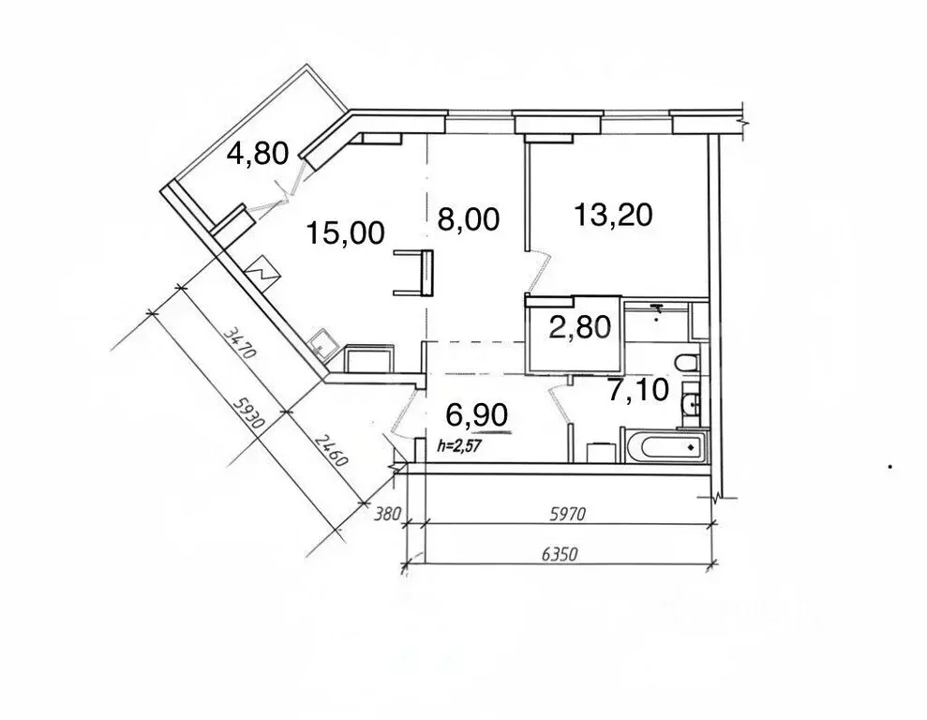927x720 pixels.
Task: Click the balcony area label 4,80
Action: click(x=259, y=153)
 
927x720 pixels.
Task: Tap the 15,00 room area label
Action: click(x=346, y=232)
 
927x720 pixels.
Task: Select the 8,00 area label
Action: click(x=469, y=218)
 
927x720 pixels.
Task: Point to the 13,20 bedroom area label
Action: click(x=614, y=214)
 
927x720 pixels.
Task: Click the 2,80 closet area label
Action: click(x=580, y=327)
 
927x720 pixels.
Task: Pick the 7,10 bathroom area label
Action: click(x=638, y=390)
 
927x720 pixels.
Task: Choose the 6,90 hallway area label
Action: click(x=477, y=414)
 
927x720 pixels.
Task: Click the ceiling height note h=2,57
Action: click(x=458, y=445)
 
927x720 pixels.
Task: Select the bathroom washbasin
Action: click(x=691, y=404)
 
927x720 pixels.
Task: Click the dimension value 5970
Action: click(x=568, y=515)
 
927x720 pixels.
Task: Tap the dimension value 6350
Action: click(x=560, y=554)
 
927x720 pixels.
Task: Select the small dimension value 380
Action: click(x=388, y=514)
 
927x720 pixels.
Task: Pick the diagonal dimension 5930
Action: click(x=247, y=413)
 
